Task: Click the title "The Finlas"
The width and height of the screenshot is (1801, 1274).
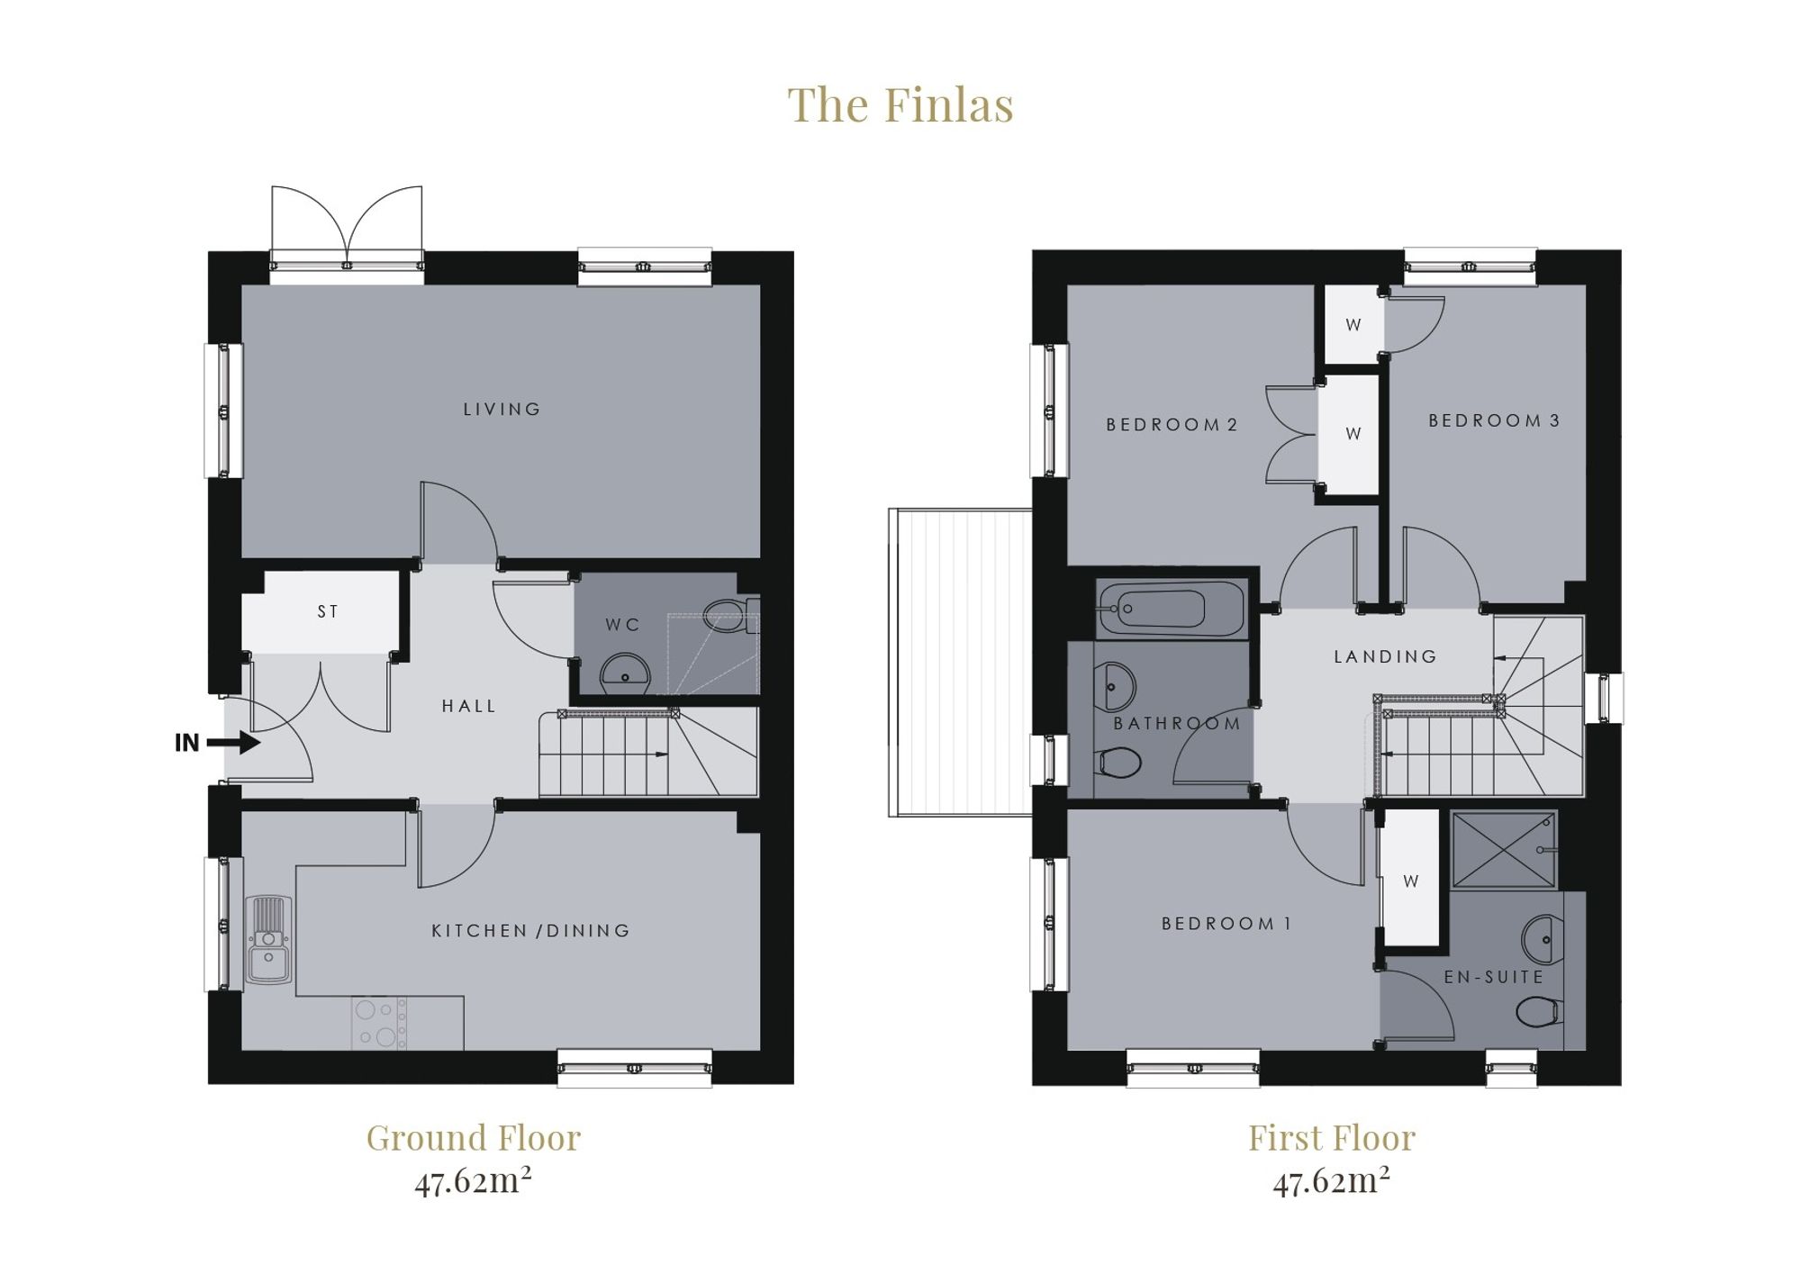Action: tap(900, 104)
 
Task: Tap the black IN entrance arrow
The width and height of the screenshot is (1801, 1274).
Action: tap(233, 743)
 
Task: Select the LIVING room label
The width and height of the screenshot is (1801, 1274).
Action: tap(502, 410)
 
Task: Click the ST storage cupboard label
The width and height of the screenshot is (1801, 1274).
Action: tap(328, 612)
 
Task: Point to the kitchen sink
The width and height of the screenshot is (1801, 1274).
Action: tap(267, 940)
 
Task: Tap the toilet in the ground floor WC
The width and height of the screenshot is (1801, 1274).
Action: tap(730, 616)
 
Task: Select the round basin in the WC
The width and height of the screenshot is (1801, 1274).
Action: tap(625, 673)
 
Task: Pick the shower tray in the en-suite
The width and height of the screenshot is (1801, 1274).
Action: tap(1504, 850)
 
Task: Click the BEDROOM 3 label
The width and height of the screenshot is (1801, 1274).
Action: tap(1494, 420)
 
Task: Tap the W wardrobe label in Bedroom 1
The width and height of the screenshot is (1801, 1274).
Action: tap(1411, 881)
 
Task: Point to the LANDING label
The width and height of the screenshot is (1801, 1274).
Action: tap(1385, 657)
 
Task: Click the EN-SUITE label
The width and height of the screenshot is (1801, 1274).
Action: tap(1494, 977)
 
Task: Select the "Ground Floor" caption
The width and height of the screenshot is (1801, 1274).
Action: tap(474, 1138)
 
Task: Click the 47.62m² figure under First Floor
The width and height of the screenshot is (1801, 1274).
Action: tap(1331, 1180)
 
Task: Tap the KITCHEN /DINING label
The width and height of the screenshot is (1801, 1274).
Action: tap(531, 931)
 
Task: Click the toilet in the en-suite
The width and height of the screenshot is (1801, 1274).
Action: tap(1539, 1012)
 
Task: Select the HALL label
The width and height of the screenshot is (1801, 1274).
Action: tap(469, 707)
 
